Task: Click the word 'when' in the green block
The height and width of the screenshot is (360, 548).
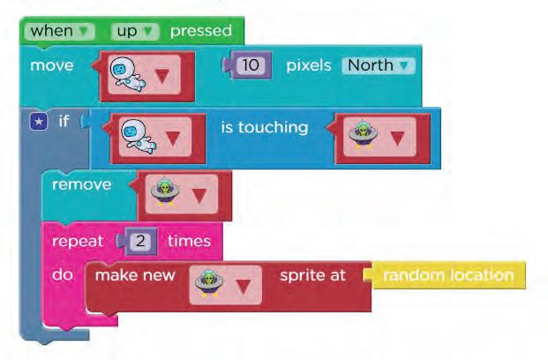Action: pos(51,31)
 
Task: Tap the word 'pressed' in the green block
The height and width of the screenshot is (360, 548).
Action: pos(200,31)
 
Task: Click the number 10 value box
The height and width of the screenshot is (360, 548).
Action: pos(252,65)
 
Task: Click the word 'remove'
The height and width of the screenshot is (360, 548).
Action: pos(81,184)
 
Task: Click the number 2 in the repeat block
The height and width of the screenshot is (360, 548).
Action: pos(144,241)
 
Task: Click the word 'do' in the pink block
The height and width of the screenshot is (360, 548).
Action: pos(61,274)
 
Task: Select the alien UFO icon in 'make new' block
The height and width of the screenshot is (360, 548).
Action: pos(210,283)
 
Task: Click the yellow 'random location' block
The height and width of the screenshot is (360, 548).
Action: pos(448,274)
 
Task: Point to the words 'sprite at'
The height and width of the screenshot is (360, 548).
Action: pos(313,274)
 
